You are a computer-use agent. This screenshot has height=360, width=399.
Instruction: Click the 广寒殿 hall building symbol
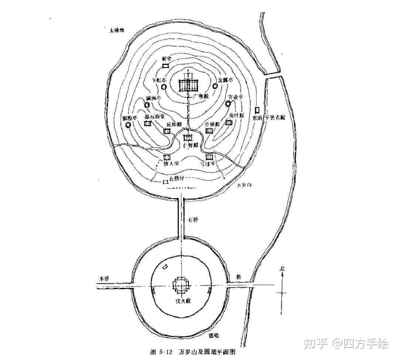189,86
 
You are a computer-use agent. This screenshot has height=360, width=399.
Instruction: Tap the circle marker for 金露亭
215,86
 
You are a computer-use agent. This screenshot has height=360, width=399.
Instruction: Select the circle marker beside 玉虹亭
164,87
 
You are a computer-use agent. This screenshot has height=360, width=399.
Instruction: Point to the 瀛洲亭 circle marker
147,105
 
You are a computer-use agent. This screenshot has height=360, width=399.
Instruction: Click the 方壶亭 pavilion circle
228,104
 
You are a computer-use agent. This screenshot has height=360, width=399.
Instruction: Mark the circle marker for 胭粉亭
128,125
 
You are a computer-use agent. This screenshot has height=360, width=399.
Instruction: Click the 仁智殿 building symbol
188,138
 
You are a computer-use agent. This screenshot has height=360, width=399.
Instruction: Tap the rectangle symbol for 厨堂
166,65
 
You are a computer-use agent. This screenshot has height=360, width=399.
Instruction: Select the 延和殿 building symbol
167,131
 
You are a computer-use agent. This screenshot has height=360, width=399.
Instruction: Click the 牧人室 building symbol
167,157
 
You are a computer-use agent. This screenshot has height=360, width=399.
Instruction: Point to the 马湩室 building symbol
209,157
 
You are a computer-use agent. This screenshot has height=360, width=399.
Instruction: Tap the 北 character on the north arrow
282,269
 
